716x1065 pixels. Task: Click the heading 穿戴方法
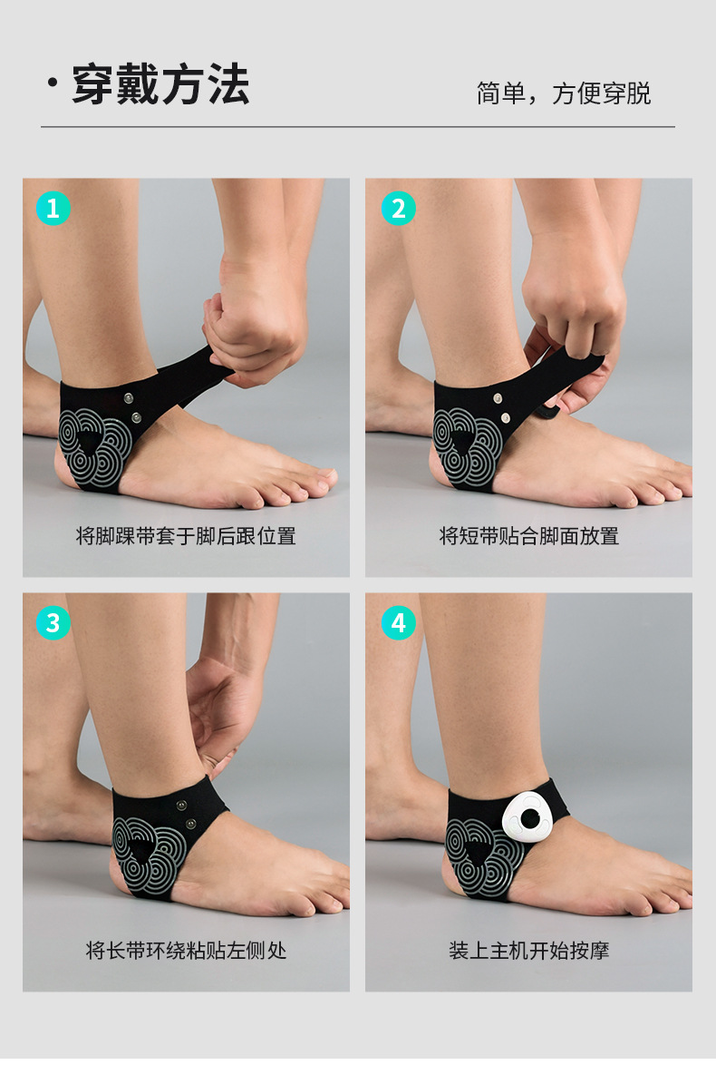[160, 85]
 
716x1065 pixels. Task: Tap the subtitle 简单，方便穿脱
[564, 93]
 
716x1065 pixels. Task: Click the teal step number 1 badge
[53, 208]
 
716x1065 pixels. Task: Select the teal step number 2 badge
[399, 208]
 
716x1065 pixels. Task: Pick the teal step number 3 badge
[53, 623]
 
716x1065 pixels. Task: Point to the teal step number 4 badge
[399, 623]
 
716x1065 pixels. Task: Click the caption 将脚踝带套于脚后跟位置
[186, 536]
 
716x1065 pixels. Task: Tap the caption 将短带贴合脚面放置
[528, 536]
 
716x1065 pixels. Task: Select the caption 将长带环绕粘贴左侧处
[186, 950]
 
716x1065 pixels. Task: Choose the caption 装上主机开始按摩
[528, 950]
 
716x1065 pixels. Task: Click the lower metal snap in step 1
[137, 417]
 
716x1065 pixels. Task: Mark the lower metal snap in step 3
[190, 824]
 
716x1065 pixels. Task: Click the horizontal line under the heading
[358, 126]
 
